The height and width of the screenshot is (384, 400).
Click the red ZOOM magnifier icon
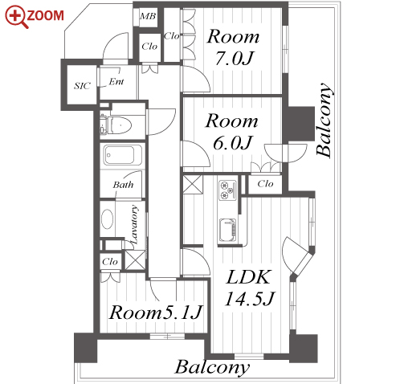click(16, 17)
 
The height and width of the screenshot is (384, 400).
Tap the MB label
click(148, 16)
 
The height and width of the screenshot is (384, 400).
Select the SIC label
click(82, 86)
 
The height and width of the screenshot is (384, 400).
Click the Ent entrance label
click(116, 81)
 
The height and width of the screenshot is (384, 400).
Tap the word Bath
click(123, 185)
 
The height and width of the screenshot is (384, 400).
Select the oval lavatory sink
click(107, 219)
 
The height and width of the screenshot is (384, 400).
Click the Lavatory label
click(135, 224)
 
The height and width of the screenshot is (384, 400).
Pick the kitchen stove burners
click(227, 190)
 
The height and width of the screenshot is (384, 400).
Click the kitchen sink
click(227, 230)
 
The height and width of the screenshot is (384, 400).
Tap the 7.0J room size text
click(235, 59)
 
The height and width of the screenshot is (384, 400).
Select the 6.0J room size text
click(233, 143)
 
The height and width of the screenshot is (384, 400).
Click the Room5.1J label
click(155, 313)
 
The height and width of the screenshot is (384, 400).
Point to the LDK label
click(248, 277)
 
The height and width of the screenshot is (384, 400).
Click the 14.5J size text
click(250, 298)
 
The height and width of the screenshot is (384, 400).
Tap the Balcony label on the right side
click(324, 120)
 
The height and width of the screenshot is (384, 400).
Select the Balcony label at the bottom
click(212, 368)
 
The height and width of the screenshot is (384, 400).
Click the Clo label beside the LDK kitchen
click(265, 184)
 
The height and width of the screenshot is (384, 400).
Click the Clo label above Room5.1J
click(110, 262)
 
